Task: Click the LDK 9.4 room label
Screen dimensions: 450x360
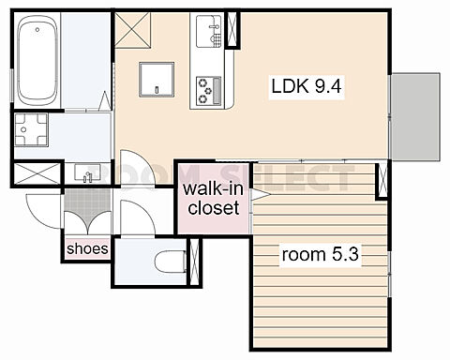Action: pyautogui.click(x=307, y=86)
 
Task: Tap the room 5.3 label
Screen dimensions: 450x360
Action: pyautogui.click(x=320, y=254)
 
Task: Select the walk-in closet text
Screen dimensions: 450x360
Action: pyautogui.click(x=214, y=199)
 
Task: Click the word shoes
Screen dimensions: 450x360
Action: pyautogui.click(x=87, y=248)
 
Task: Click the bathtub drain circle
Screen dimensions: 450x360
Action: pyautogui.click(x=37, y=30)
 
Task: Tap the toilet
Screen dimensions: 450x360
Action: pyautogui.click(x=171, y=262)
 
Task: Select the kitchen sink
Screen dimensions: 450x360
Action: pyautogui.click(x=209, y=31)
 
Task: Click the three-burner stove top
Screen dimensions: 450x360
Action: pyautogui.click(x=209, y=90)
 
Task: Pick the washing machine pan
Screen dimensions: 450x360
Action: pyautogui.click(x=31, y=129)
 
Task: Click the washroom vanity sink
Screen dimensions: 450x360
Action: pyautogui.click(x=87, y=172)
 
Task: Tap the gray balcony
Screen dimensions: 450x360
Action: pyautogui.click(x=415, y=117)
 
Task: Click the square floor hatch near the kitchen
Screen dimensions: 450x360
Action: pyautogui.click(x=157, y=80)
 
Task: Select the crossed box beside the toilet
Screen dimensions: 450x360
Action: pyautogui.click(x=194, y=262)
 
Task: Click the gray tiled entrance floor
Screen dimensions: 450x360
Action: pyautogui.click(x=87, y=202)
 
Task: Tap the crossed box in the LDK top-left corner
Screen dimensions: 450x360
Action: pyautogui.click(x=133, y=30)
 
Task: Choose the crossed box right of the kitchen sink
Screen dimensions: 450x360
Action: pyautogui.click(x=232, y=29)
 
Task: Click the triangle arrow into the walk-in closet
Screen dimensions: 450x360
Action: pyautogui.click(x=260, y=195)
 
